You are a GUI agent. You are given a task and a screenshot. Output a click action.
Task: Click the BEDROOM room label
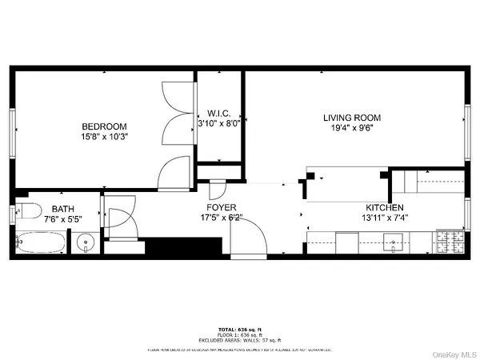[104, 126]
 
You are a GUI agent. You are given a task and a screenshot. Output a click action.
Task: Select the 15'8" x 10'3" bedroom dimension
[104, 137]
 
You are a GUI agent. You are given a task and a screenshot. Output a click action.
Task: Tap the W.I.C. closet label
[218, 113]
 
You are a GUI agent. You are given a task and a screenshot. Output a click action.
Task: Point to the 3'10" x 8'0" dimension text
[218, 123]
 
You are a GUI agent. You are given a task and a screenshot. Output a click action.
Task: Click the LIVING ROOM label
[354, 116]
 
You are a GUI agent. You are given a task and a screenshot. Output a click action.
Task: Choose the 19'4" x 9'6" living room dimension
[354, 126]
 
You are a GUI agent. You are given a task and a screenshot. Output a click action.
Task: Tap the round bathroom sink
[84, 242]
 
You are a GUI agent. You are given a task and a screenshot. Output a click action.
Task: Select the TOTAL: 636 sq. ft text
[239, 329]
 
